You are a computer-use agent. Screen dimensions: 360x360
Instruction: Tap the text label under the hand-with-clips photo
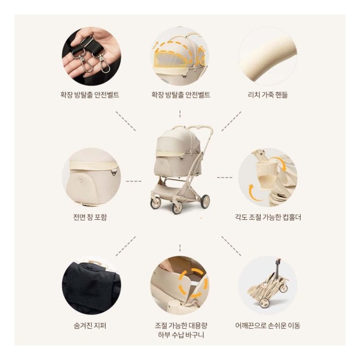(90, 95)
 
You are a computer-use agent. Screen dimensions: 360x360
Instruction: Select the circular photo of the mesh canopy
(180, 56)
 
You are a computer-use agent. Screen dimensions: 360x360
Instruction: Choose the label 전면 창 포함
(90, 217)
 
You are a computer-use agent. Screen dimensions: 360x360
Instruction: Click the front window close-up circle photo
(91, 177)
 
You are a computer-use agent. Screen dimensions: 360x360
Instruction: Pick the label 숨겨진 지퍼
(91, 325)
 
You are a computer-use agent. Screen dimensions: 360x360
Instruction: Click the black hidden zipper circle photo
(91, 285)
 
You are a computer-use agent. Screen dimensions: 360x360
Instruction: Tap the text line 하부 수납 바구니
(179, 335)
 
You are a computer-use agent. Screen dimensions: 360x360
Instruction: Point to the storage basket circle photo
(180, 285)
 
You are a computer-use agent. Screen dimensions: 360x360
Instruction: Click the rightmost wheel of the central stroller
(204, 201)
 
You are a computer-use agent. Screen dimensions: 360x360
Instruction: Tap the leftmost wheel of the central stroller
(155, 202)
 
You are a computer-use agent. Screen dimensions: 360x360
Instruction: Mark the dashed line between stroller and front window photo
(134, 181)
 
